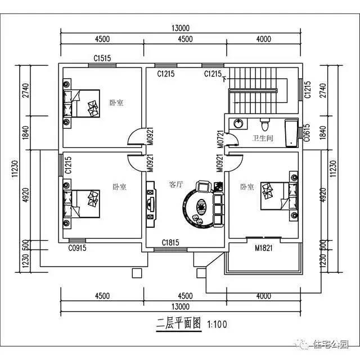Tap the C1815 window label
point(170,242)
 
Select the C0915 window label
point(78,247)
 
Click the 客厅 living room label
point(176,184)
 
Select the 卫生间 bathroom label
point(262,138)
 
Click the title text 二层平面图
point(178,325)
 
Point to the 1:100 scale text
point(217,325)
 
